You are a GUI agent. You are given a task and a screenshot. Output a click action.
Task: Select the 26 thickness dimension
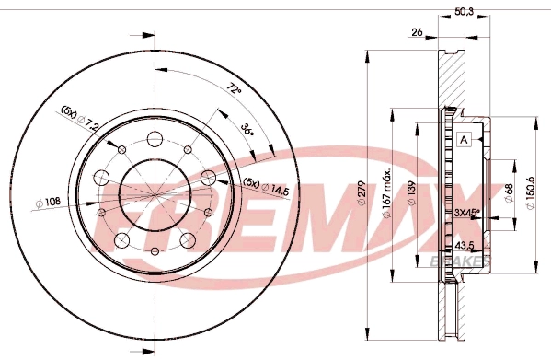pos(417,33)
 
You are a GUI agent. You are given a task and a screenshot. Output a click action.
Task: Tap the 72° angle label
pos(234,90)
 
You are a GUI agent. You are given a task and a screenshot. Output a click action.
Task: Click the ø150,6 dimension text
pos(533,193)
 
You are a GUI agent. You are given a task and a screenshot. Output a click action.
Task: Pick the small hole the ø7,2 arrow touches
pos(121,149)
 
